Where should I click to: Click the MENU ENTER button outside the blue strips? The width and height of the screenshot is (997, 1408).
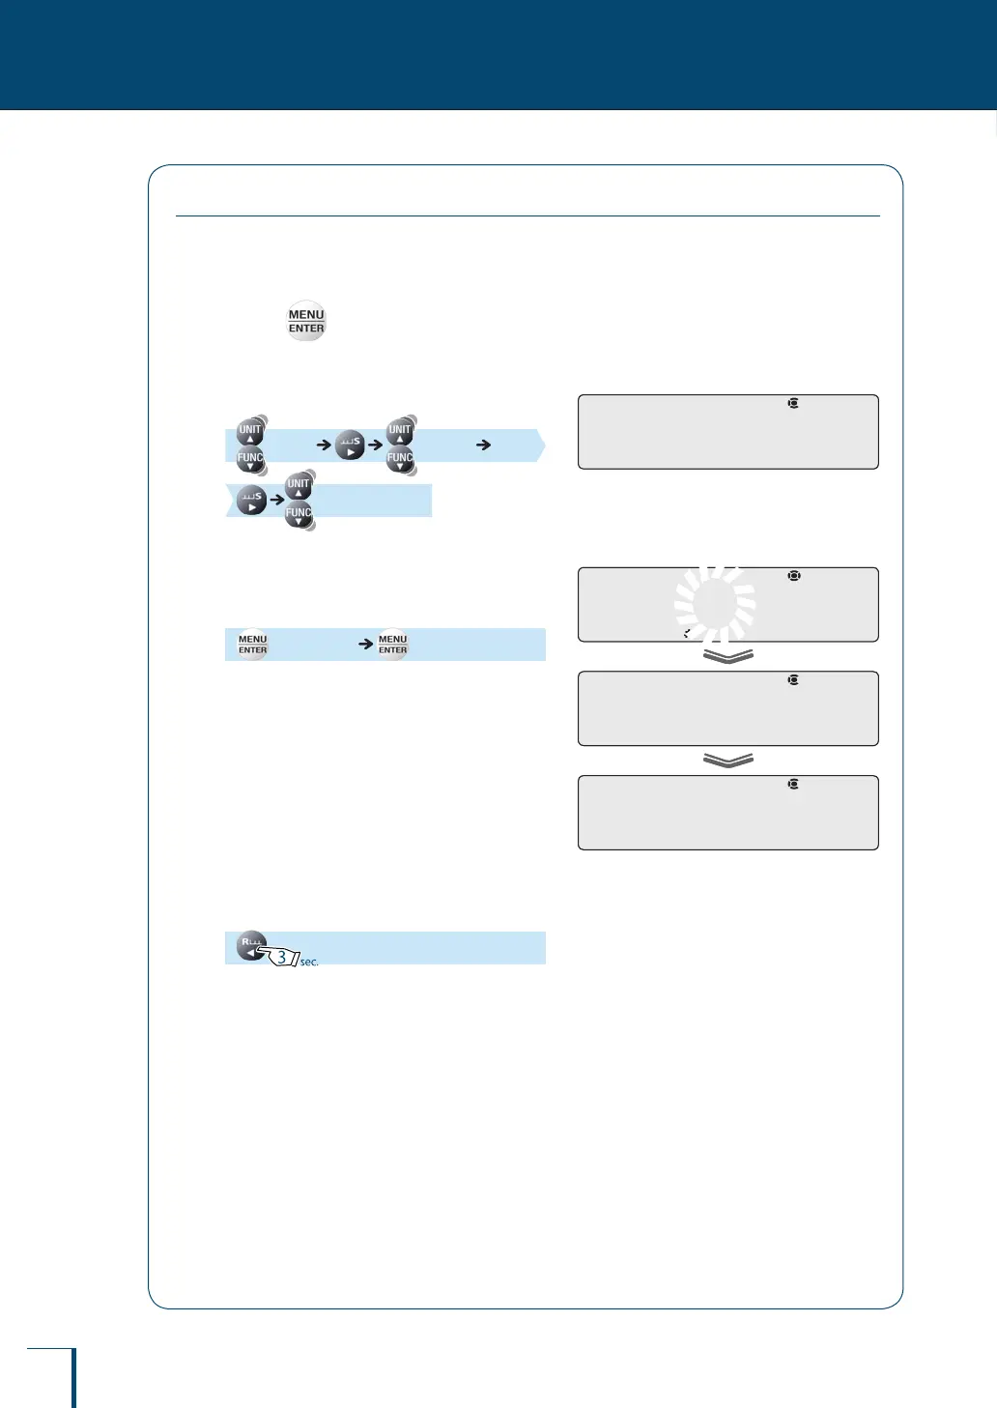pyautogui.click(x=306, y=322)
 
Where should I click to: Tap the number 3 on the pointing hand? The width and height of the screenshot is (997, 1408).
pyautogui.click(x=281, y=958)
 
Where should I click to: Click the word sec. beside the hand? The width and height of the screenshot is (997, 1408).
pyautogui.click(x=309, y=963)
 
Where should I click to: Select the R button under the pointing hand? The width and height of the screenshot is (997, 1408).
pyautogui.click(x=250, y=944)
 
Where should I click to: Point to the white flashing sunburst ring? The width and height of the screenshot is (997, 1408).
pyautogui.click(x=715, y=605)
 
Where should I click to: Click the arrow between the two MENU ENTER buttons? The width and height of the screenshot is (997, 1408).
pyautogui.click(x=366, y=644)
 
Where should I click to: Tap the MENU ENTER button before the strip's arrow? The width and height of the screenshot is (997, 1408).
pyautogui.click(x=252, y=645)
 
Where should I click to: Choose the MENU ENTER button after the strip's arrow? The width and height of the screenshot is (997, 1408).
pyautogui.click(x=392, y=645)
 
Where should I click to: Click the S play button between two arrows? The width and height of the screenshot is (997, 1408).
pyautogui.click(x=350, y=445)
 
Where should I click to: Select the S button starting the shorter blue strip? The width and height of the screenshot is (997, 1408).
pyautogui.click(x=251, y=500)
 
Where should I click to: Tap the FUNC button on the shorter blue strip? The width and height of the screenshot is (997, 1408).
pyautogui.click(x=299, y=515)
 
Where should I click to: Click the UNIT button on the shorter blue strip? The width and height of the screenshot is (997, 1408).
pyautogui.click(x=299, y=485)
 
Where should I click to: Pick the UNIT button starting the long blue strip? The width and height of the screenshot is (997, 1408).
pyautogui.click(x=250, y=431)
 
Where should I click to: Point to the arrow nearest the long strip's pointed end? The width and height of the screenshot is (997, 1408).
pyautogui.click(x=484, y=445)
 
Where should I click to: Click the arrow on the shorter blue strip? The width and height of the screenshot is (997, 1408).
pyautogui.click(x=276, y=500)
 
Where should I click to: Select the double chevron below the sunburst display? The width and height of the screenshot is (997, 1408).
pyautogui.click(x=728, y=657)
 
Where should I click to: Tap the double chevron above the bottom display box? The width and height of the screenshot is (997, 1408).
pyautogui.click(x=728, y=761)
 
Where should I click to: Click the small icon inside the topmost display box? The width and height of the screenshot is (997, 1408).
pyautogui.click(x=793, y=403)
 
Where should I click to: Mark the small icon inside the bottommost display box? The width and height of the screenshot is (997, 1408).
pyautogui.click(x=793, y=784)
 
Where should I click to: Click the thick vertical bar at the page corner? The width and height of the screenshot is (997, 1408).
pyautogui.click(x=73, y=1378)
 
